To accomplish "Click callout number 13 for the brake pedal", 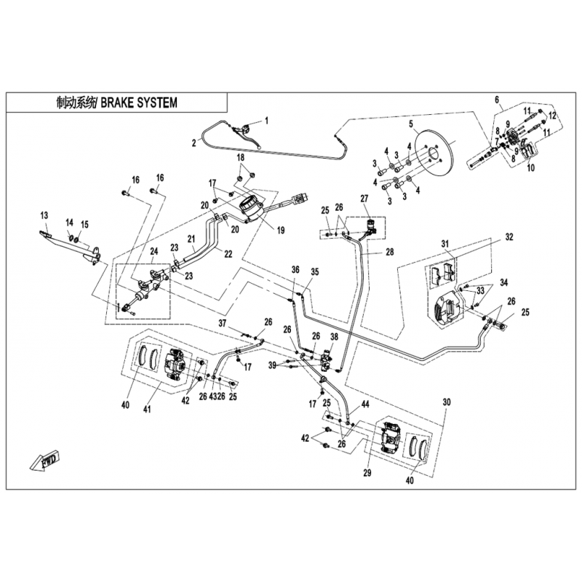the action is [44, 215].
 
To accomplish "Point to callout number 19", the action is [281, 230].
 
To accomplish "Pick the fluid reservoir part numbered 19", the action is [250, 210].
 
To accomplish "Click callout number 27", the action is [364, 198].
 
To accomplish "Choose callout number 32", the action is [509, 237].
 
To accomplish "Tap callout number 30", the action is [447, 402].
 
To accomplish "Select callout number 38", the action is [335, 337].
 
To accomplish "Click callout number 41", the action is [148, 410].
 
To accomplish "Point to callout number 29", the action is [367, 474].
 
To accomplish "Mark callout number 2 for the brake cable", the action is [194, 143].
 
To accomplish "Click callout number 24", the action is [154, 251].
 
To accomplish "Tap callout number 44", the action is [365, 404].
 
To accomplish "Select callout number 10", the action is [531, 167].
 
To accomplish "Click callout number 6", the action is [497, 100].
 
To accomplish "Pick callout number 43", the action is [212, 396].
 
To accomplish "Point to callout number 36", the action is [295, 269].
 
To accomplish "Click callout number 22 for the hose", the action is [228, 254].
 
